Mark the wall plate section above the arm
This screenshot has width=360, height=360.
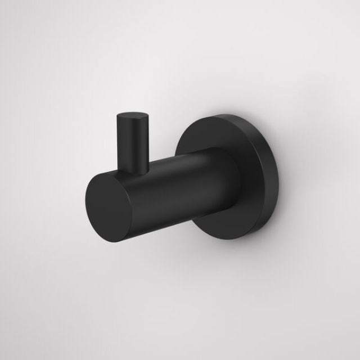[225, 132]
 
